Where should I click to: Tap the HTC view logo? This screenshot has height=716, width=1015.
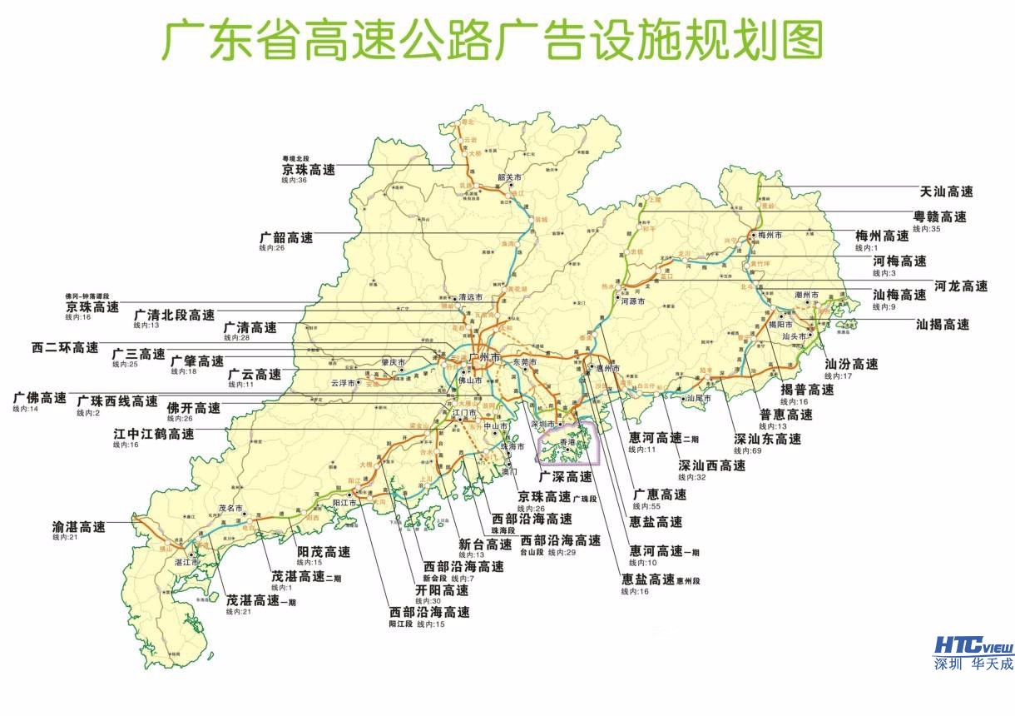tap(973, 646)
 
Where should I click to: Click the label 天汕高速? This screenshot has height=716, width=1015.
tap(946, 191)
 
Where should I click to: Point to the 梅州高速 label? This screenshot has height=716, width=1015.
tap(883, 236)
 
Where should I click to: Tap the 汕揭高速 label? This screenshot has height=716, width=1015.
tap(942, 325)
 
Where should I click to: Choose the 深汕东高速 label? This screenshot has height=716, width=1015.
tap(767, 440)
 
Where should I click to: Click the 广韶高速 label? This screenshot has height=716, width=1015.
tap(286, 237)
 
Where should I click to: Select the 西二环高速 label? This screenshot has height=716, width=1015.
tap(64, 347)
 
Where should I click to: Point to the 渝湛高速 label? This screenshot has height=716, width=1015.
tap(78, 527)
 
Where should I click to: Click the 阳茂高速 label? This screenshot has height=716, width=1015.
tap(324, 552)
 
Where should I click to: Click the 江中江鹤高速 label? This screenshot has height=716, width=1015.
tap(154, 434)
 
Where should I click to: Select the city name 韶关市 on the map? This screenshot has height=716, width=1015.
tap(508, 177)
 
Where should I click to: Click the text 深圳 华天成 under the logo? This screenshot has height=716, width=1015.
tap(973, 664)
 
